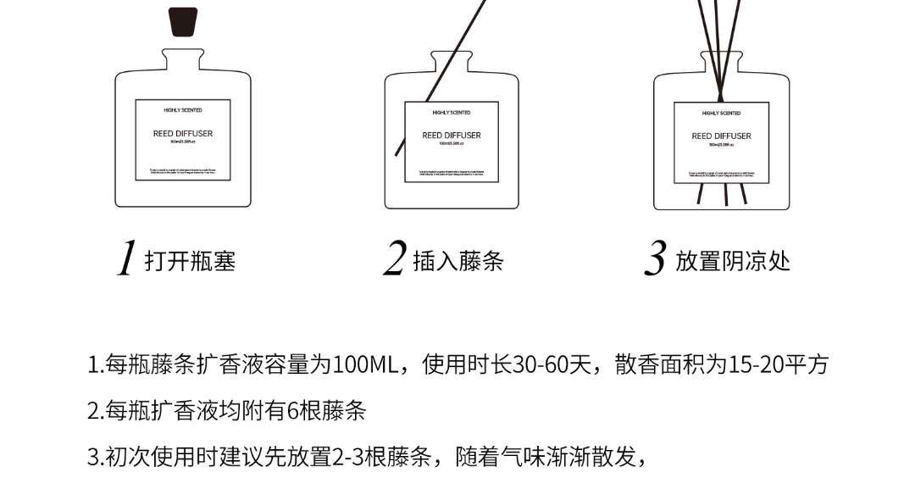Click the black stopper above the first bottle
click(183, 22)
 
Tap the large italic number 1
click(126, 258)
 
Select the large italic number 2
click(394, 258)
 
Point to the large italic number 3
click(655, 258)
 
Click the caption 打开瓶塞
click(190, 260)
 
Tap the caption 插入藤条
click(458, 260)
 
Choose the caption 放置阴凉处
click(733, 260)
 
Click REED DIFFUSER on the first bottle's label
click(183, 134)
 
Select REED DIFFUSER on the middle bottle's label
click(452, 136)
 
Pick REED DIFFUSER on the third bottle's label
click(721, 136)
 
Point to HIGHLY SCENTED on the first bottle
click(183, 110)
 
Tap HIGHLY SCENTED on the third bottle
click(721, 113)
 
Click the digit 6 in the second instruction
click(295, 412)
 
